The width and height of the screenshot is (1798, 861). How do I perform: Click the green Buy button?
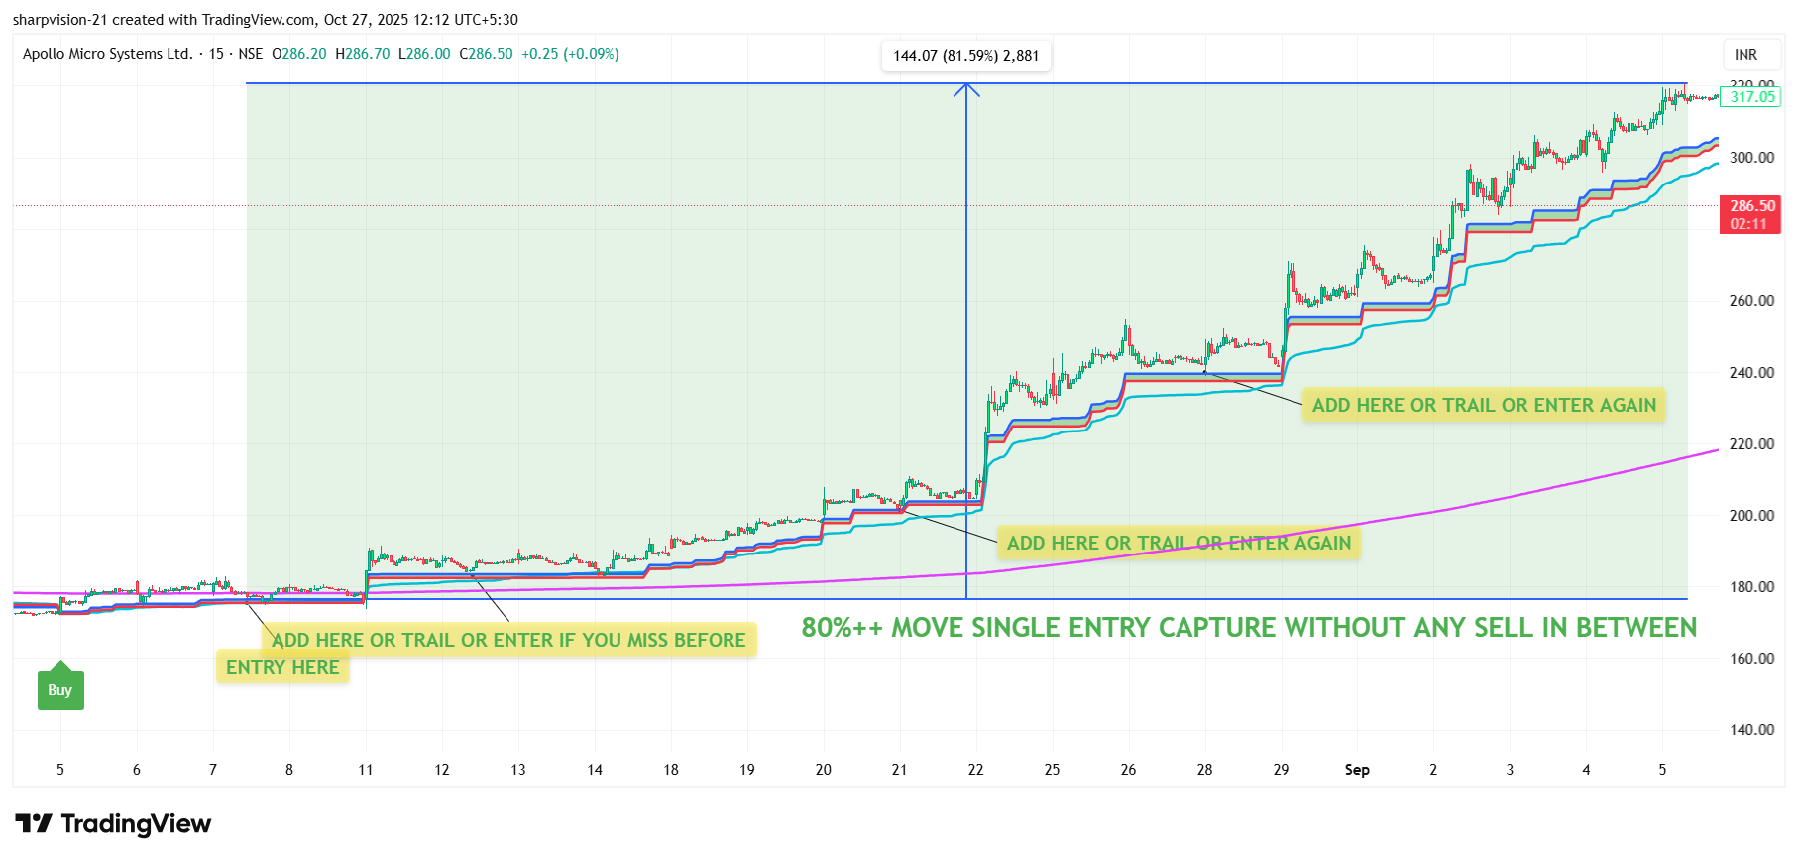click(x=60, y=689)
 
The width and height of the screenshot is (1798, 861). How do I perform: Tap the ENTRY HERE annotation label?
click(x=282, y=667)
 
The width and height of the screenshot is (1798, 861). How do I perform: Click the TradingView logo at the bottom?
click(x=113, y=824)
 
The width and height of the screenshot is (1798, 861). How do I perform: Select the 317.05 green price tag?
click(x=1751, y=97)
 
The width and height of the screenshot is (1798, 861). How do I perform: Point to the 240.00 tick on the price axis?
click(x=1751, y=373)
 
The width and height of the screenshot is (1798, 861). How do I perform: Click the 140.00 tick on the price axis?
click(x=1751, y=730)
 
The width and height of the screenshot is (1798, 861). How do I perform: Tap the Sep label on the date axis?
click(x=1357, y=770)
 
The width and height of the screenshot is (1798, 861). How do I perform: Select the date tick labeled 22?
click(x=975, y=770)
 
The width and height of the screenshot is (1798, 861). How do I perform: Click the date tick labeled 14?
click(x=595, y=770)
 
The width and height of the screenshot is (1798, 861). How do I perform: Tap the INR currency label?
click(x=1745, y=55)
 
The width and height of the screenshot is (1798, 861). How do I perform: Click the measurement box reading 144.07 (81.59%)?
click(x=965, y=56)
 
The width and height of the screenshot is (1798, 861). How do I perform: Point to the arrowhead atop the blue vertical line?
click(x=966, y=90)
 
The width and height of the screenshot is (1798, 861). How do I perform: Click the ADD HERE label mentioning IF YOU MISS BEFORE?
click(x=508, y=640)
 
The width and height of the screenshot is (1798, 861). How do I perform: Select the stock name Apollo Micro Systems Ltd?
click(x=107, y=54)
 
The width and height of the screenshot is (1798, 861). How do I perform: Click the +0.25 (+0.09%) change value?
click(x=570, y=54)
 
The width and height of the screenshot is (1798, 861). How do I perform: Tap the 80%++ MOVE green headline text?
click(x=1249, y=628)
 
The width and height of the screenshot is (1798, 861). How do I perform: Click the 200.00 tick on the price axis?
click(x=1751, y=516)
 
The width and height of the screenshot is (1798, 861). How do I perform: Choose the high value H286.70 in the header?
click(x=362, y=54)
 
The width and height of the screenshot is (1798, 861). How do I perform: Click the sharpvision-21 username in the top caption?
click(x=59, y=20)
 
